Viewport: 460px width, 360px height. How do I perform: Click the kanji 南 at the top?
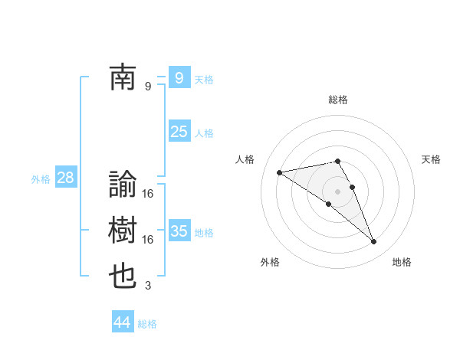[x=123, y=78]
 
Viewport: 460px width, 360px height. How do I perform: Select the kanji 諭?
[x=123, y=185]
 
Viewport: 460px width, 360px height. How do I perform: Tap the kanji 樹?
[x=123, y=231]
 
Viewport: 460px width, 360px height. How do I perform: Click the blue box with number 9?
[x=179, y=78]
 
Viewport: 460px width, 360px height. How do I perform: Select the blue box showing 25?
[x=179, y=132]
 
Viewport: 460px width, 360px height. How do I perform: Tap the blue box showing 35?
[x=179, y=231]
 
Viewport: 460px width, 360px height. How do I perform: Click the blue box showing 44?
[x=122, y=322]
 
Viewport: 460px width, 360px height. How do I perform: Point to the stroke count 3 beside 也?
[x=148, y=286]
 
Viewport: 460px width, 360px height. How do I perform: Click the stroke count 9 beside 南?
[x=148, y=87]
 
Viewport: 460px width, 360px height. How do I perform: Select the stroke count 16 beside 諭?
[x=148, y=193]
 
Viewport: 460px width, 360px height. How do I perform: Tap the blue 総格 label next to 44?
[x=147, y=324]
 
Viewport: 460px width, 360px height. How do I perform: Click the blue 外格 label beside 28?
[x=41, y=179]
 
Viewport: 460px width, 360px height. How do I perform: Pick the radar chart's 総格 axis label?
[x=338, y=100]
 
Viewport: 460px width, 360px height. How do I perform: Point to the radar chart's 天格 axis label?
[x=432, y=159]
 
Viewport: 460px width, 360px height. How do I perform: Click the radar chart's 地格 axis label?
[x=402, y=262]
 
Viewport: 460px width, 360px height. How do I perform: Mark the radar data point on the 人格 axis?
[x=279, y=172]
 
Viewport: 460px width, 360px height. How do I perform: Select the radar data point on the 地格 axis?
[x=374, y=242]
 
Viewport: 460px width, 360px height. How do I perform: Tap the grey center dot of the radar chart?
[x=338, y=191]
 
